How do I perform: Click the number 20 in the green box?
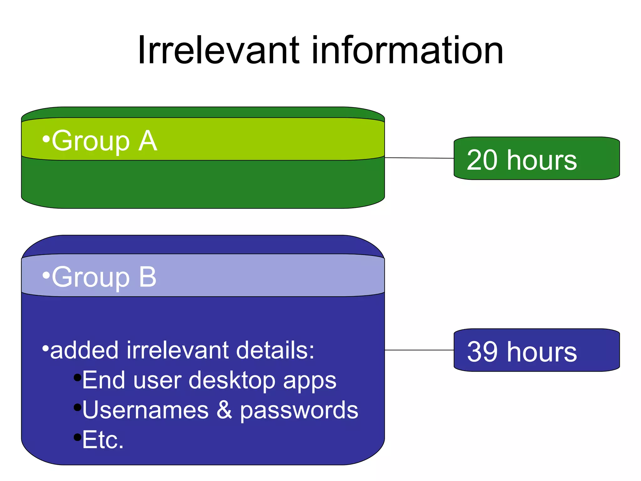(x=482, y=160)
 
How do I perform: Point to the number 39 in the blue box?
(x=482, y=352)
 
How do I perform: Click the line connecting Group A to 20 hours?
(x=419, y=158)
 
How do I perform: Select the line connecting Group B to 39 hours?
(x=419, y=350)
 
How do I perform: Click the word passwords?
(x=299, y=410)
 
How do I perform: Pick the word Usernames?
(x=145, y=410)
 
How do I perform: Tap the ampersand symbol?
(x=224, y=410)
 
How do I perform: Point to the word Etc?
(x=103, y=440)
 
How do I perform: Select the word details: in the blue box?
(x=275, y=350)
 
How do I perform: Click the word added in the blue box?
(x=85, y=350)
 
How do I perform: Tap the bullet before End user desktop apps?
(x=77, y=377)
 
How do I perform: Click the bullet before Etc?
(x=77, y=437)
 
